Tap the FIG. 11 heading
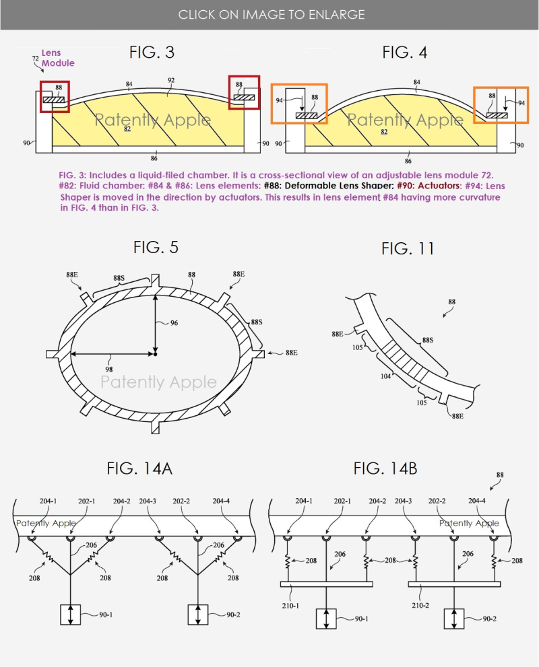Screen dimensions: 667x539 click(408, 248)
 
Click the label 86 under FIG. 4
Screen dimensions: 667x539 click(408, 162)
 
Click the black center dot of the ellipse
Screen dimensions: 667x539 click(155, 353)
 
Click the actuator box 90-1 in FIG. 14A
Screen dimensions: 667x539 click(70, 615)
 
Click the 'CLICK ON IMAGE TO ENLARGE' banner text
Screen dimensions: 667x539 click(272, 14)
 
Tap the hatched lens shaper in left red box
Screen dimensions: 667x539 click(53, 100)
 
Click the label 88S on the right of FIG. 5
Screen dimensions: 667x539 click(256, 322)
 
